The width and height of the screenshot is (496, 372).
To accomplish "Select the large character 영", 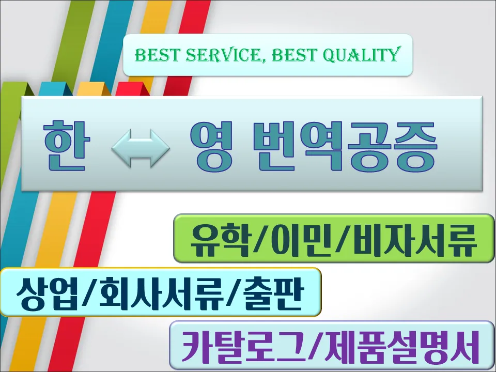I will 211,147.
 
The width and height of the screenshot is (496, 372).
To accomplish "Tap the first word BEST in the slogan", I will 157,55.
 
